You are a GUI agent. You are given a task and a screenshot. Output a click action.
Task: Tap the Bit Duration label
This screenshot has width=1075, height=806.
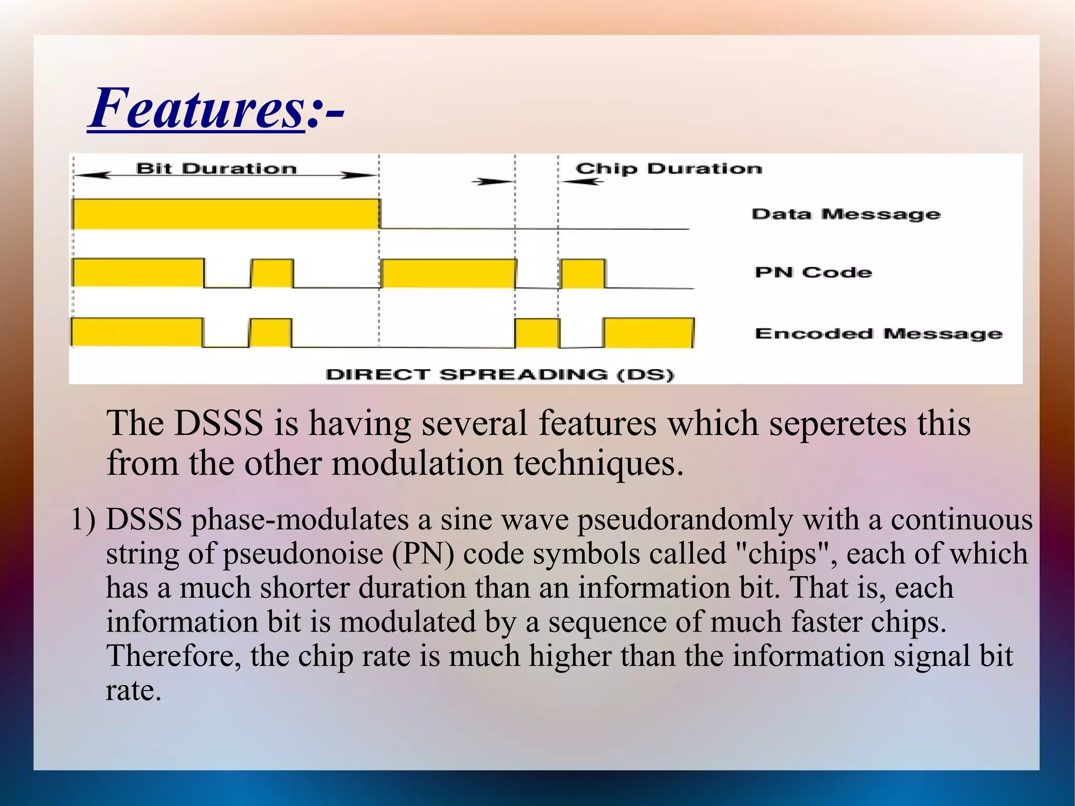216,169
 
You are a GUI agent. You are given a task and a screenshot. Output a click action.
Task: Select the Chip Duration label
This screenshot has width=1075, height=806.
669,169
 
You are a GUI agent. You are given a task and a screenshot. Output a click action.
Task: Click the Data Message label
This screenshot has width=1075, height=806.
846,214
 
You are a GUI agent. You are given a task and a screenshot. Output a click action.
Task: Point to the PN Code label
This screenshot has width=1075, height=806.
813,273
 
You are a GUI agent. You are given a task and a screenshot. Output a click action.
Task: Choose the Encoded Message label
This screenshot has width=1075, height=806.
878,333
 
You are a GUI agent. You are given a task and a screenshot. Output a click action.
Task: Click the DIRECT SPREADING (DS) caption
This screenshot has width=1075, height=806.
500,374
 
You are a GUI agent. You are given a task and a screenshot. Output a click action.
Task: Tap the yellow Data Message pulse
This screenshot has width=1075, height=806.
226,214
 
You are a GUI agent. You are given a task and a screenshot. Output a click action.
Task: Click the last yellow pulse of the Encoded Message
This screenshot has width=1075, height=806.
648,333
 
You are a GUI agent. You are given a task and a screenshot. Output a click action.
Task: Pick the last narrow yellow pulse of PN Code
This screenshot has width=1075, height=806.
583,274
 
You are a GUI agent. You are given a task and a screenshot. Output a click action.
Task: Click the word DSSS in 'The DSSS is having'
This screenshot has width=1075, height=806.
218,423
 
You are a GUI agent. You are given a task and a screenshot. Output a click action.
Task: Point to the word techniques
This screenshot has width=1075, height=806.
598,463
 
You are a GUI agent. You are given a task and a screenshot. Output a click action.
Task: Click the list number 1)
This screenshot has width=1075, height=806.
83,520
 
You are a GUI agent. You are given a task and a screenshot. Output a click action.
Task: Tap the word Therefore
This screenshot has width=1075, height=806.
174,656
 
